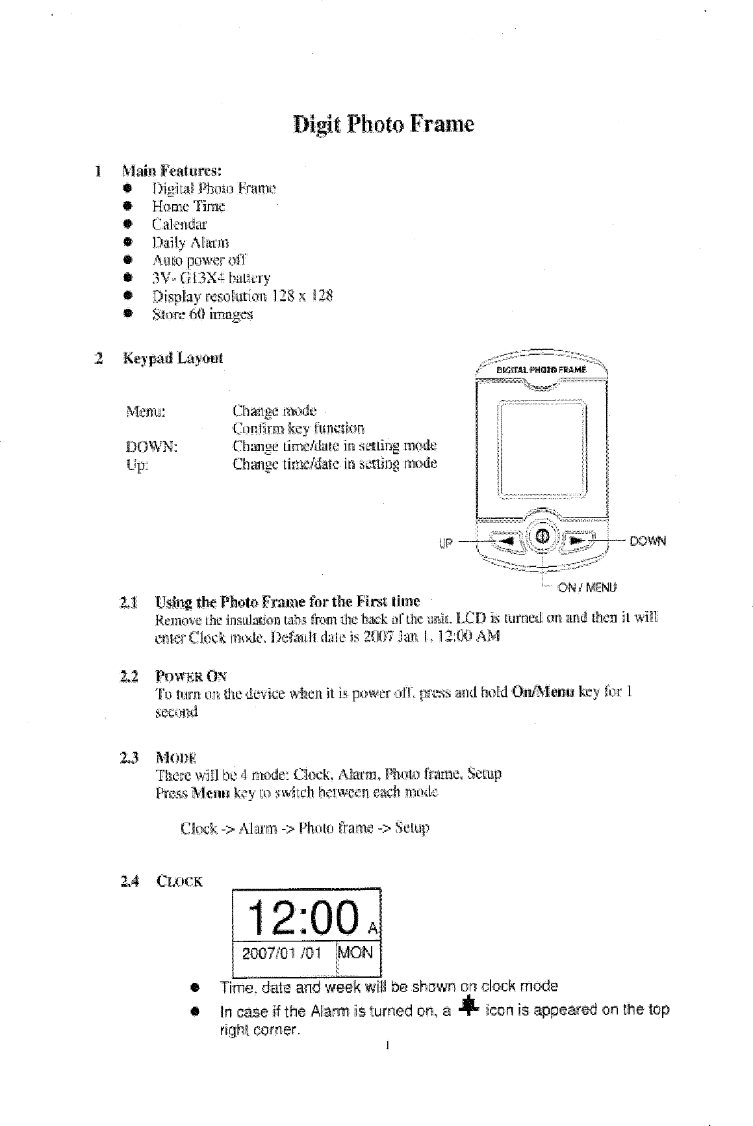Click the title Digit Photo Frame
click(x=383, y=124)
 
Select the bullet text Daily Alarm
click(x=190, y=243)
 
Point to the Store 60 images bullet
click(x=202, y=315)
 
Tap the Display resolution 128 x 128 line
click(x=242, y=296)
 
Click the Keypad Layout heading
click(x=173, y=358)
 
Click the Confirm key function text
click(x=298, y=429)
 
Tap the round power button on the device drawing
click(x=543, y=536)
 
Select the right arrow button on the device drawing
click(x=580, y=540)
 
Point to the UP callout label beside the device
click(x=446, y=542)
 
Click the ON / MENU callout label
click(x=587, y=588)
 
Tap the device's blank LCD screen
click(x=542, y=449)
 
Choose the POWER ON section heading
click(x=191, y=676)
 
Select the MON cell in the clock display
click(x=356, y=953)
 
